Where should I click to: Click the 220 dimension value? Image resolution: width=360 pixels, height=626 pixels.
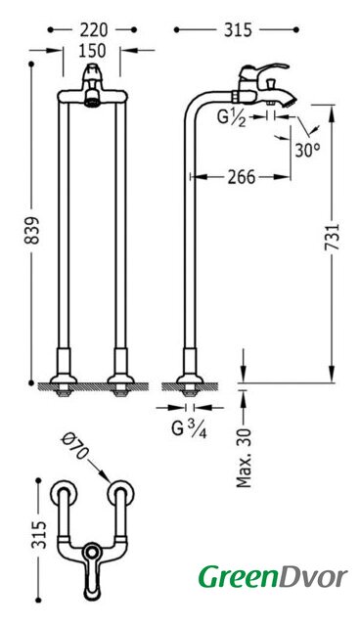pos(93,30)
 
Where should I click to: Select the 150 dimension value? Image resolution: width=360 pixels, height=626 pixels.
pos(92,51)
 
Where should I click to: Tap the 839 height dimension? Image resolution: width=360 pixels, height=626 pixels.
pos(32,231)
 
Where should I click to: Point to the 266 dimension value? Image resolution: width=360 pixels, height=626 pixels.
pos(241,177)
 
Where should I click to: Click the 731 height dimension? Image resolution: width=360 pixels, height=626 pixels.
pos(332,237)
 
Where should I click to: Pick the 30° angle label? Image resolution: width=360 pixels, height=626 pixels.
pos(307,150)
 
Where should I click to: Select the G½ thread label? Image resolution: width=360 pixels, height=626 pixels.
pos(231,117)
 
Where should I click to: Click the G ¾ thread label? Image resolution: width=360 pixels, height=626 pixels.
pos(189,429)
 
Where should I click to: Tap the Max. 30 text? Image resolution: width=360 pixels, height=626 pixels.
pos(244,458)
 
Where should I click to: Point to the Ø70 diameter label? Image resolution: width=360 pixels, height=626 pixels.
pos(75,446)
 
